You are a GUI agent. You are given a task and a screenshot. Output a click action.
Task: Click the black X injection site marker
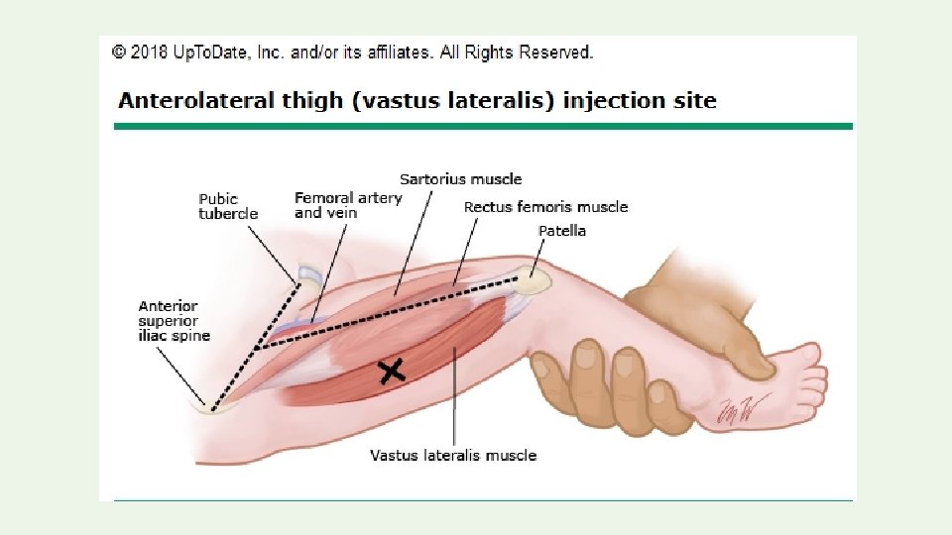[393, 372]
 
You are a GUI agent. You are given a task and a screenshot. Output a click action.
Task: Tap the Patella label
[561, 231]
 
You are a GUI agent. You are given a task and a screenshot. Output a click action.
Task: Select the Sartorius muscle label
[460, 179]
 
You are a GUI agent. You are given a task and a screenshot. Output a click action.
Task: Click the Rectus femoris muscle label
[545, 207]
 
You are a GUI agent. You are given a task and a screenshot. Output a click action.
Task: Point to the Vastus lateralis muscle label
[453, 456]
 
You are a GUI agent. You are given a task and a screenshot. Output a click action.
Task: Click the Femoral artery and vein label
[348, 205]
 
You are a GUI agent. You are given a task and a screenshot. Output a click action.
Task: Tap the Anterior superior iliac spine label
[175, 321]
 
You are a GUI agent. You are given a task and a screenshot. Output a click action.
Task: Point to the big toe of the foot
[810, 354]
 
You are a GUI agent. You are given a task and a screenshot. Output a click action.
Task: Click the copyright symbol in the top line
[118, 53]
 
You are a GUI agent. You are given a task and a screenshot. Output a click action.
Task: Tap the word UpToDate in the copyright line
[205, 53]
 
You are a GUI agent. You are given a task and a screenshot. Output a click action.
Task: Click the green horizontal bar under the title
[483, 126]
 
